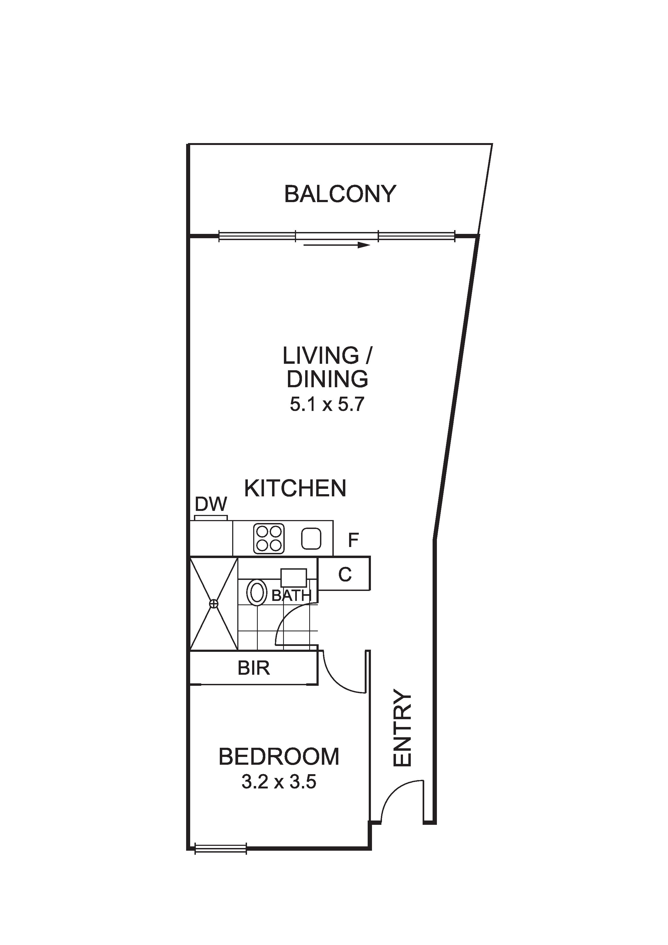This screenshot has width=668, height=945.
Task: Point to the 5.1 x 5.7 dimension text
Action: [x=327, y=404]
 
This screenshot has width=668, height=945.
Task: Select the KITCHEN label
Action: [x=295, y=488]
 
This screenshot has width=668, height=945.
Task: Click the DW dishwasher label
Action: [x=211, y=504]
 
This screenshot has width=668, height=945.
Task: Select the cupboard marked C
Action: [x=345, y=574]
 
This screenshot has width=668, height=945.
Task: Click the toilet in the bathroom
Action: [x=257, y=593]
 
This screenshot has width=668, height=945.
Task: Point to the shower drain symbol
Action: [x=214, y=604]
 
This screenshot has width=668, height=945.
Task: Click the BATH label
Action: [x=291, y=595]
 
